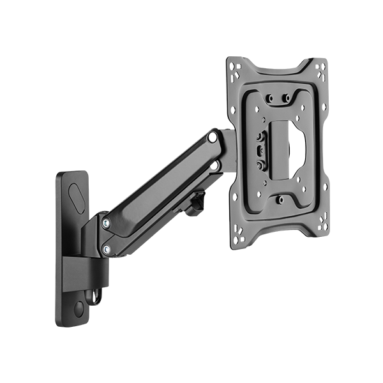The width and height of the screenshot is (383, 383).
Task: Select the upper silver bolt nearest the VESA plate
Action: coord(211,137)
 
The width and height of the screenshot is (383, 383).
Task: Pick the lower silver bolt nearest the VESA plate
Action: coord(216,165)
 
